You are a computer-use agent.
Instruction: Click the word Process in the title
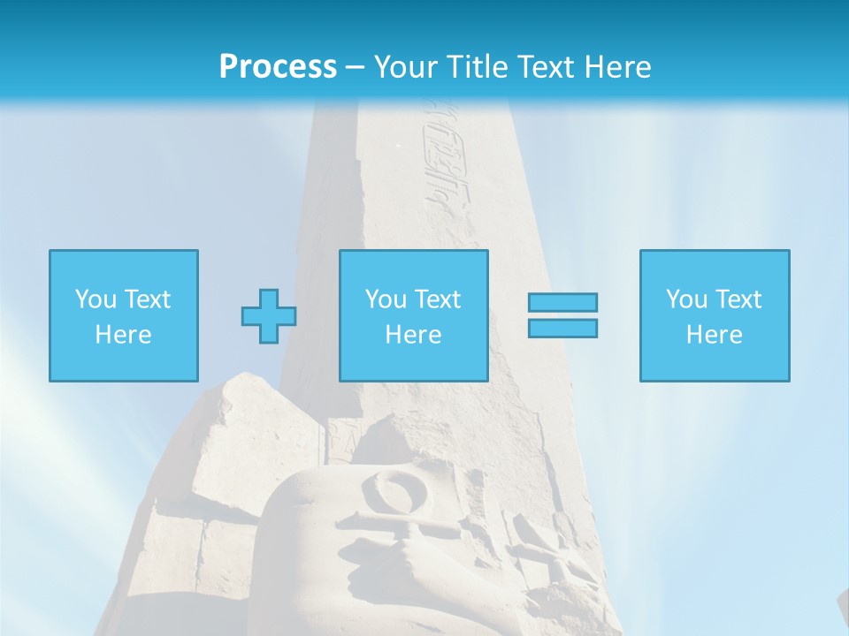coord(278,67)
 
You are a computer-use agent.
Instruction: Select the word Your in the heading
coord(407,67)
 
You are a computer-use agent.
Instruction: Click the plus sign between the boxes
coord(269,316)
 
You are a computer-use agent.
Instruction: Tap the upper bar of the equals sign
coord(562,303)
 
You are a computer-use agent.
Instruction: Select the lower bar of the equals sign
coord(562,329)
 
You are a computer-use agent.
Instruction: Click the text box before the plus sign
coord(123,315)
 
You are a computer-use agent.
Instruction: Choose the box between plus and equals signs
coord(413,315)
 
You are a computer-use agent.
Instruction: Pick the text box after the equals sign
coord(714,315)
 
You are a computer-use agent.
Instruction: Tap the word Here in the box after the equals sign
coord(714,335)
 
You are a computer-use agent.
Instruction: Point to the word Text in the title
coord(546,67)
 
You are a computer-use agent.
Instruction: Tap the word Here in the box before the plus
coord(123,335)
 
